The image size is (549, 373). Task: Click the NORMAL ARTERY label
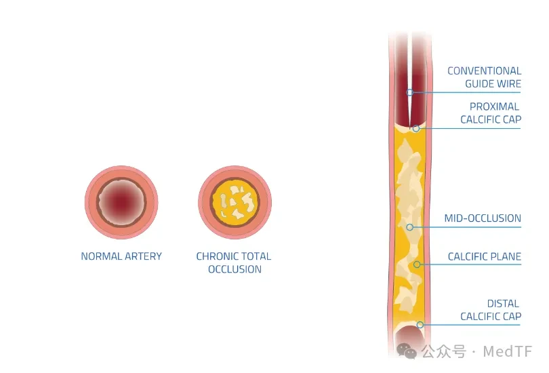click(121, 256)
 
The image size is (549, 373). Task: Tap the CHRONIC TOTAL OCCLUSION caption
click(234, 262)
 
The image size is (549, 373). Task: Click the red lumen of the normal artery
click(121, 202)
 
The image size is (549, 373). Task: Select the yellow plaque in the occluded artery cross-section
click(235, 202)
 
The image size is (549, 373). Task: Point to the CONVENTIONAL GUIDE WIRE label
click(484, 77)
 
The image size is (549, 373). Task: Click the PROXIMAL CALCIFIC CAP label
click(491, 113)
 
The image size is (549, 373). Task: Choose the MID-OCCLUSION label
click(483, 218)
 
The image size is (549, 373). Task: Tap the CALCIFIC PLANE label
click(484, 256)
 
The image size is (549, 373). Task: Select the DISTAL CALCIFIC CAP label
click(491, 310)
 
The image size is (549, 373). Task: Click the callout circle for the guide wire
click(409, 92)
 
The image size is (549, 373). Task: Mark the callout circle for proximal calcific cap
click(416, 129)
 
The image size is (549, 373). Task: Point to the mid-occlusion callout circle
click(409, 227)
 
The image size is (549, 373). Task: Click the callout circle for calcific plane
click(417, 264)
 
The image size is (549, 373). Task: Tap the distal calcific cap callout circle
click(420, 325)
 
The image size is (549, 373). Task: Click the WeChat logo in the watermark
click(407, 351)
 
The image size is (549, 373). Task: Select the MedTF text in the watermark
click(508, 351)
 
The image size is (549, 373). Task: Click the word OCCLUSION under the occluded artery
click(235, 269)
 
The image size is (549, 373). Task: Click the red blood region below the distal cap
click(410, 340)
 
